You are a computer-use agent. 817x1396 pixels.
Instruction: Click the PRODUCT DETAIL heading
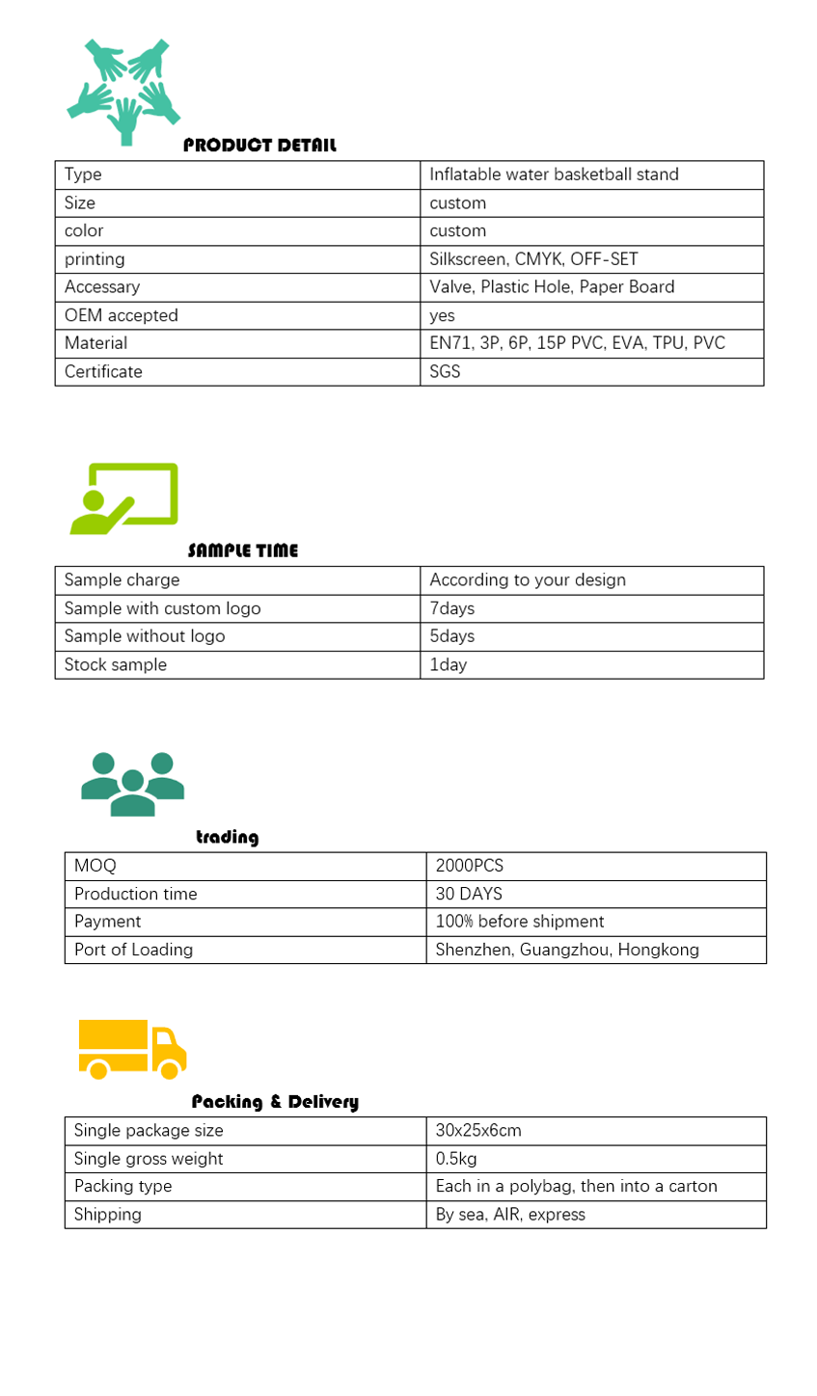[x=259, y=146]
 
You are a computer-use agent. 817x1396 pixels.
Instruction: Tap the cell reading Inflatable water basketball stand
[x=554, y=174]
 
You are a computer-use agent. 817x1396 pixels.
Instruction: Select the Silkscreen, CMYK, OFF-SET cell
[x=533, y=259]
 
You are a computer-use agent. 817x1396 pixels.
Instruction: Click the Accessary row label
[x=102, y=287]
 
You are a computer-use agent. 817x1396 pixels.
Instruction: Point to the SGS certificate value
[x=445, y=371]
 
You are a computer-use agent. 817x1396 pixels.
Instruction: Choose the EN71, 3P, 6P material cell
[x=577, y=343]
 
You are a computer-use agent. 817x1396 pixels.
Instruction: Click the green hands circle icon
[x=124, y=92]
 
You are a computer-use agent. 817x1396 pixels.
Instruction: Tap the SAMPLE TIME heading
[x=243, y=550]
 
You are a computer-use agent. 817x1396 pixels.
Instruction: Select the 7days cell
[x=451, y=608]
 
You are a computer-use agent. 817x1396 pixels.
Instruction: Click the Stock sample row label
[x=116, y=665]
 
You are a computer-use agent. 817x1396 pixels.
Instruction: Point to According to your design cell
[x=528, y=580]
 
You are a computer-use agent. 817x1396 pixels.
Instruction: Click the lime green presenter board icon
[x=124, y=498]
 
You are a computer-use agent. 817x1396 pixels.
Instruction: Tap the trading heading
[x=228, y=837]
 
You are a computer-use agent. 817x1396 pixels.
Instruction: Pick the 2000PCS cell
[x=470, y=866]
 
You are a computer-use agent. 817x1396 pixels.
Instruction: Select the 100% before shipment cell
[x=520, y=922]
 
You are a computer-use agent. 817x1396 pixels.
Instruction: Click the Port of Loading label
[x=133, y=950]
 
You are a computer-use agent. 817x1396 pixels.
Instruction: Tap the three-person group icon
[x=132, y=784]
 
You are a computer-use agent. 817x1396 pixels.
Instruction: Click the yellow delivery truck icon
[x=132, y=1049]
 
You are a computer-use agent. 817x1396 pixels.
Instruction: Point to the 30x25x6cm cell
[x=478, y=1131]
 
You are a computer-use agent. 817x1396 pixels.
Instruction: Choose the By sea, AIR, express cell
[x=510, y=1215]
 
